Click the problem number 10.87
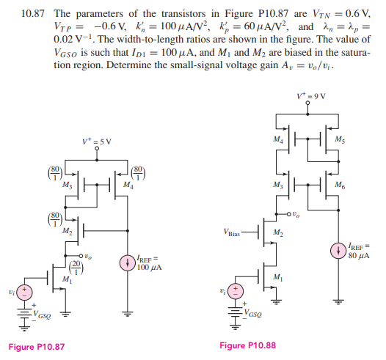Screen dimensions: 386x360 [x=32, y=14]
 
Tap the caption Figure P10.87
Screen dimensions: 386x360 [x=37, y=347]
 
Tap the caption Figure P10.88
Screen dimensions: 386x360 [x=247, y=345]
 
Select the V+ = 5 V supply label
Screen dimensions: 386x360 [x=97, y=142]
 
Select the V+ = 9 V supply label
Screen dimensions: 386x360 [x=311, y=96]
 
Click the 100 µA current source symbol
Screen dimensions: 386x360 [x=127, y=263]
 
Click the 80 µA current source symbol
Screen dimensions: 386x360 [x=338, y=251]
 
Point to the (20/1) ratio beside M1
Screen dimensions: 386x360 [x=76, y=268]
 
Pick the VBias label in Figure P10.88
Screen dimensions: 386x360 [x=232, y=232]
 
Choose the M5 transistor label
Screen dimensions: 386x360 [x=340, y=139]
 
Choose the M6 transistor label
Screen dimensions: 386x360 [x=340, y=185]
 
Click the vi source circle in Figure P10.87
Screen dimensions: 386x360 [x=24, y=292]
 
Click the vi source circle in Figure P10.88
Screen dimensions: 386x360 [x=236, y=291]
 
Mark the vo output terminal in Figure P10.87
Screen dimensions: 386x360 [x=81, y=256]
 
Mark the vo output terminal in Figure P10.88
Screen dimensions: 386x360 [x=289, y=214]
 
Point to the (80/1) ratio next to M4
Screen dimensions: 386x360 [x=138, y=173]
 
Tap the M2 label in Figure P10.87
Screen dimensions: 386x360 [x=68, y=231]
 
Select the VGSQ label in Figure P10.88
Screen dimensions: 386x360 [x=252, y=313]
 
